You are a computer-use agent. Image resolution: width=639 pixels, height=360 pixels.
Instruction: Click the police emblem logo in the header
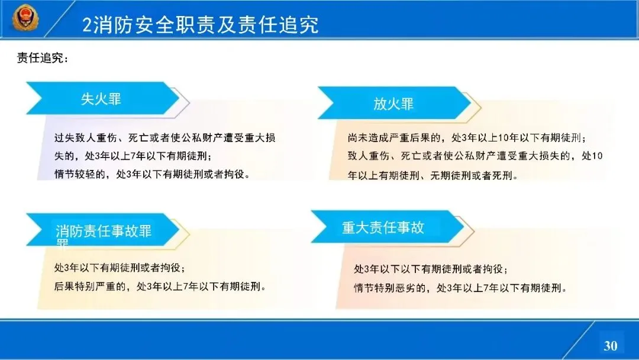coord(25,18)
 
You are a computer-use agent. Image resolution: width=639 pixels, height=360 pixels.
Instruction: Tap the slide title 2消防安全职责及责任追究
coord(200,25)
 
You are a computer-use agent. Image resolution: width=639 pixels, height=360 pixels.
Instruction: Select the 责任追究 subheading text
coord(43,58)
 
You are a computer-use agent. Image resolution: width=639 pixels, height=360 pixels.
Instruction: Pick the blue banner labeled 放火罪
coord(394,103)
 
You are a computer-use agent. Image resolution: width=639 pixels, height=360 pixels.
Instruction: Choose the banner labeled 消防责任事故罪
coord(103,230)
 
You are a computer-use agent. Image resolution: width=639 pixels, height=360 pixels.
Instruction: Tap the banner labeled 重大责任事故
coord(387,227)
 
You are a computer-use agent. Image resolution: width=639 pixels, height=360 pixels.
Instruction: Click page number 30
coord(611,346)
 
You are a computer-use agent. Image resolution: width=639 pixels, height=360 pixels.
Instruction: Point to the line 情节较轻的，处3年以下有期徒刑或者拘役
coord(152,174)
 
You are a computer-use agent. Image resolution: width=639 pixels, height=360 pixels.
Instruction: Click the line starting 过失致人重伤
coord(164,138)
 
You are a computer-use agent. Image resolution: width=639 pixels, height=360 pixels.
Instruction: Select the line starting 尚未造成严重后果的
coord(467,138)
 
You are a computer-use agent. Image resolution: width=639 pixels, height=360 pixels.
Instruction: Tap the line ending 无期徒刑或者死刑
coord(433,175)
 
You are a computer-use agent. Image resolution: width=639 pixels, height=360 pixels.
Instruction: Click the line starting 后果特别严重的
coord(160,286)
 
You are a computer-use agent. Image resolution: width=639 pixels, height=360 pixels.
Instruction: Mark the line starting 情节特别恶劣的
coord(460,288)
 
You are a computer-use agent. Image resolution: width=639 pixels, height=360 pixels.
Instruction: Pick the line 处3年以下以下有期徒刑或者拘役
coord(431,269)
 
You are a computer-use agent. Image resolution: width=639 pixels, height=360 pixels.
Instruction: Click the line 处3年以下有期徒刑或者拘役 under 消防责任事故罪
coord(120,268)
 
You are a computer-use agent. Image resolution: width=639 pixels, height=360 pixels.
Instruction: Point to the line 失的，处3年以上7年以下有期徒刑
coord(133,156)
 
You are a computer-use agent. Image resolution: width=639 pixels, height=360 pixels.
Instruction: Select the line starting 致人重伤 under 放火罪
coord(475,156)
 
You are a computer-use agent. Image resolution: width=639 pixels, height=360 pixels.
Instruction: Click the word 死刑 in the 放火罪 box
coord(502,175)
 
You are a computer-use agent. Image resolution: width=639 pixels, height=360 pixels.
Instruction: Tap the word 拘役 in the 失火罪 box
coord(234,174)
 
